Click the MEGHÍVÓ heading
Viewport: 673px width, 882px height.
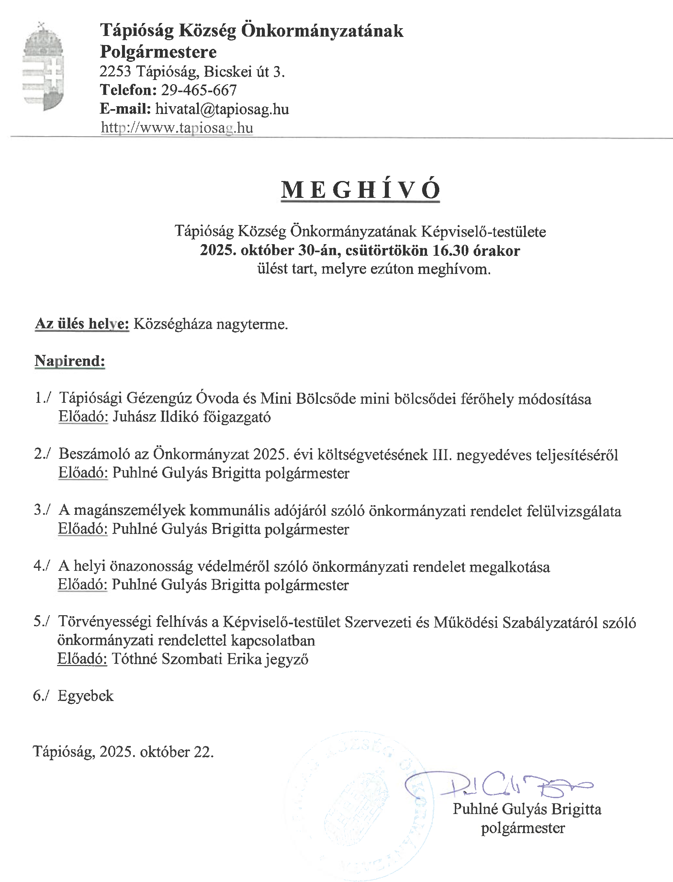[360, 190]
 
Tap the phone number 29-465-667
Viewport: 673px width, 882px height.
[199, 90]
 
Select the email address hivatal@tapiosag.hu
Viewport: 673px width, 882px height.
[222, 109]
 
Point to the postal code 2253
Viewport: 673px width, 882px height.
[115, 72]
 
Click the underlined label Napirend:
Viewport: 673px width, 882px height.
[70, 361]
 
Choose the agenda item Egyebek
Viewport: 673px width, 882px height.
[86, 696]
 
